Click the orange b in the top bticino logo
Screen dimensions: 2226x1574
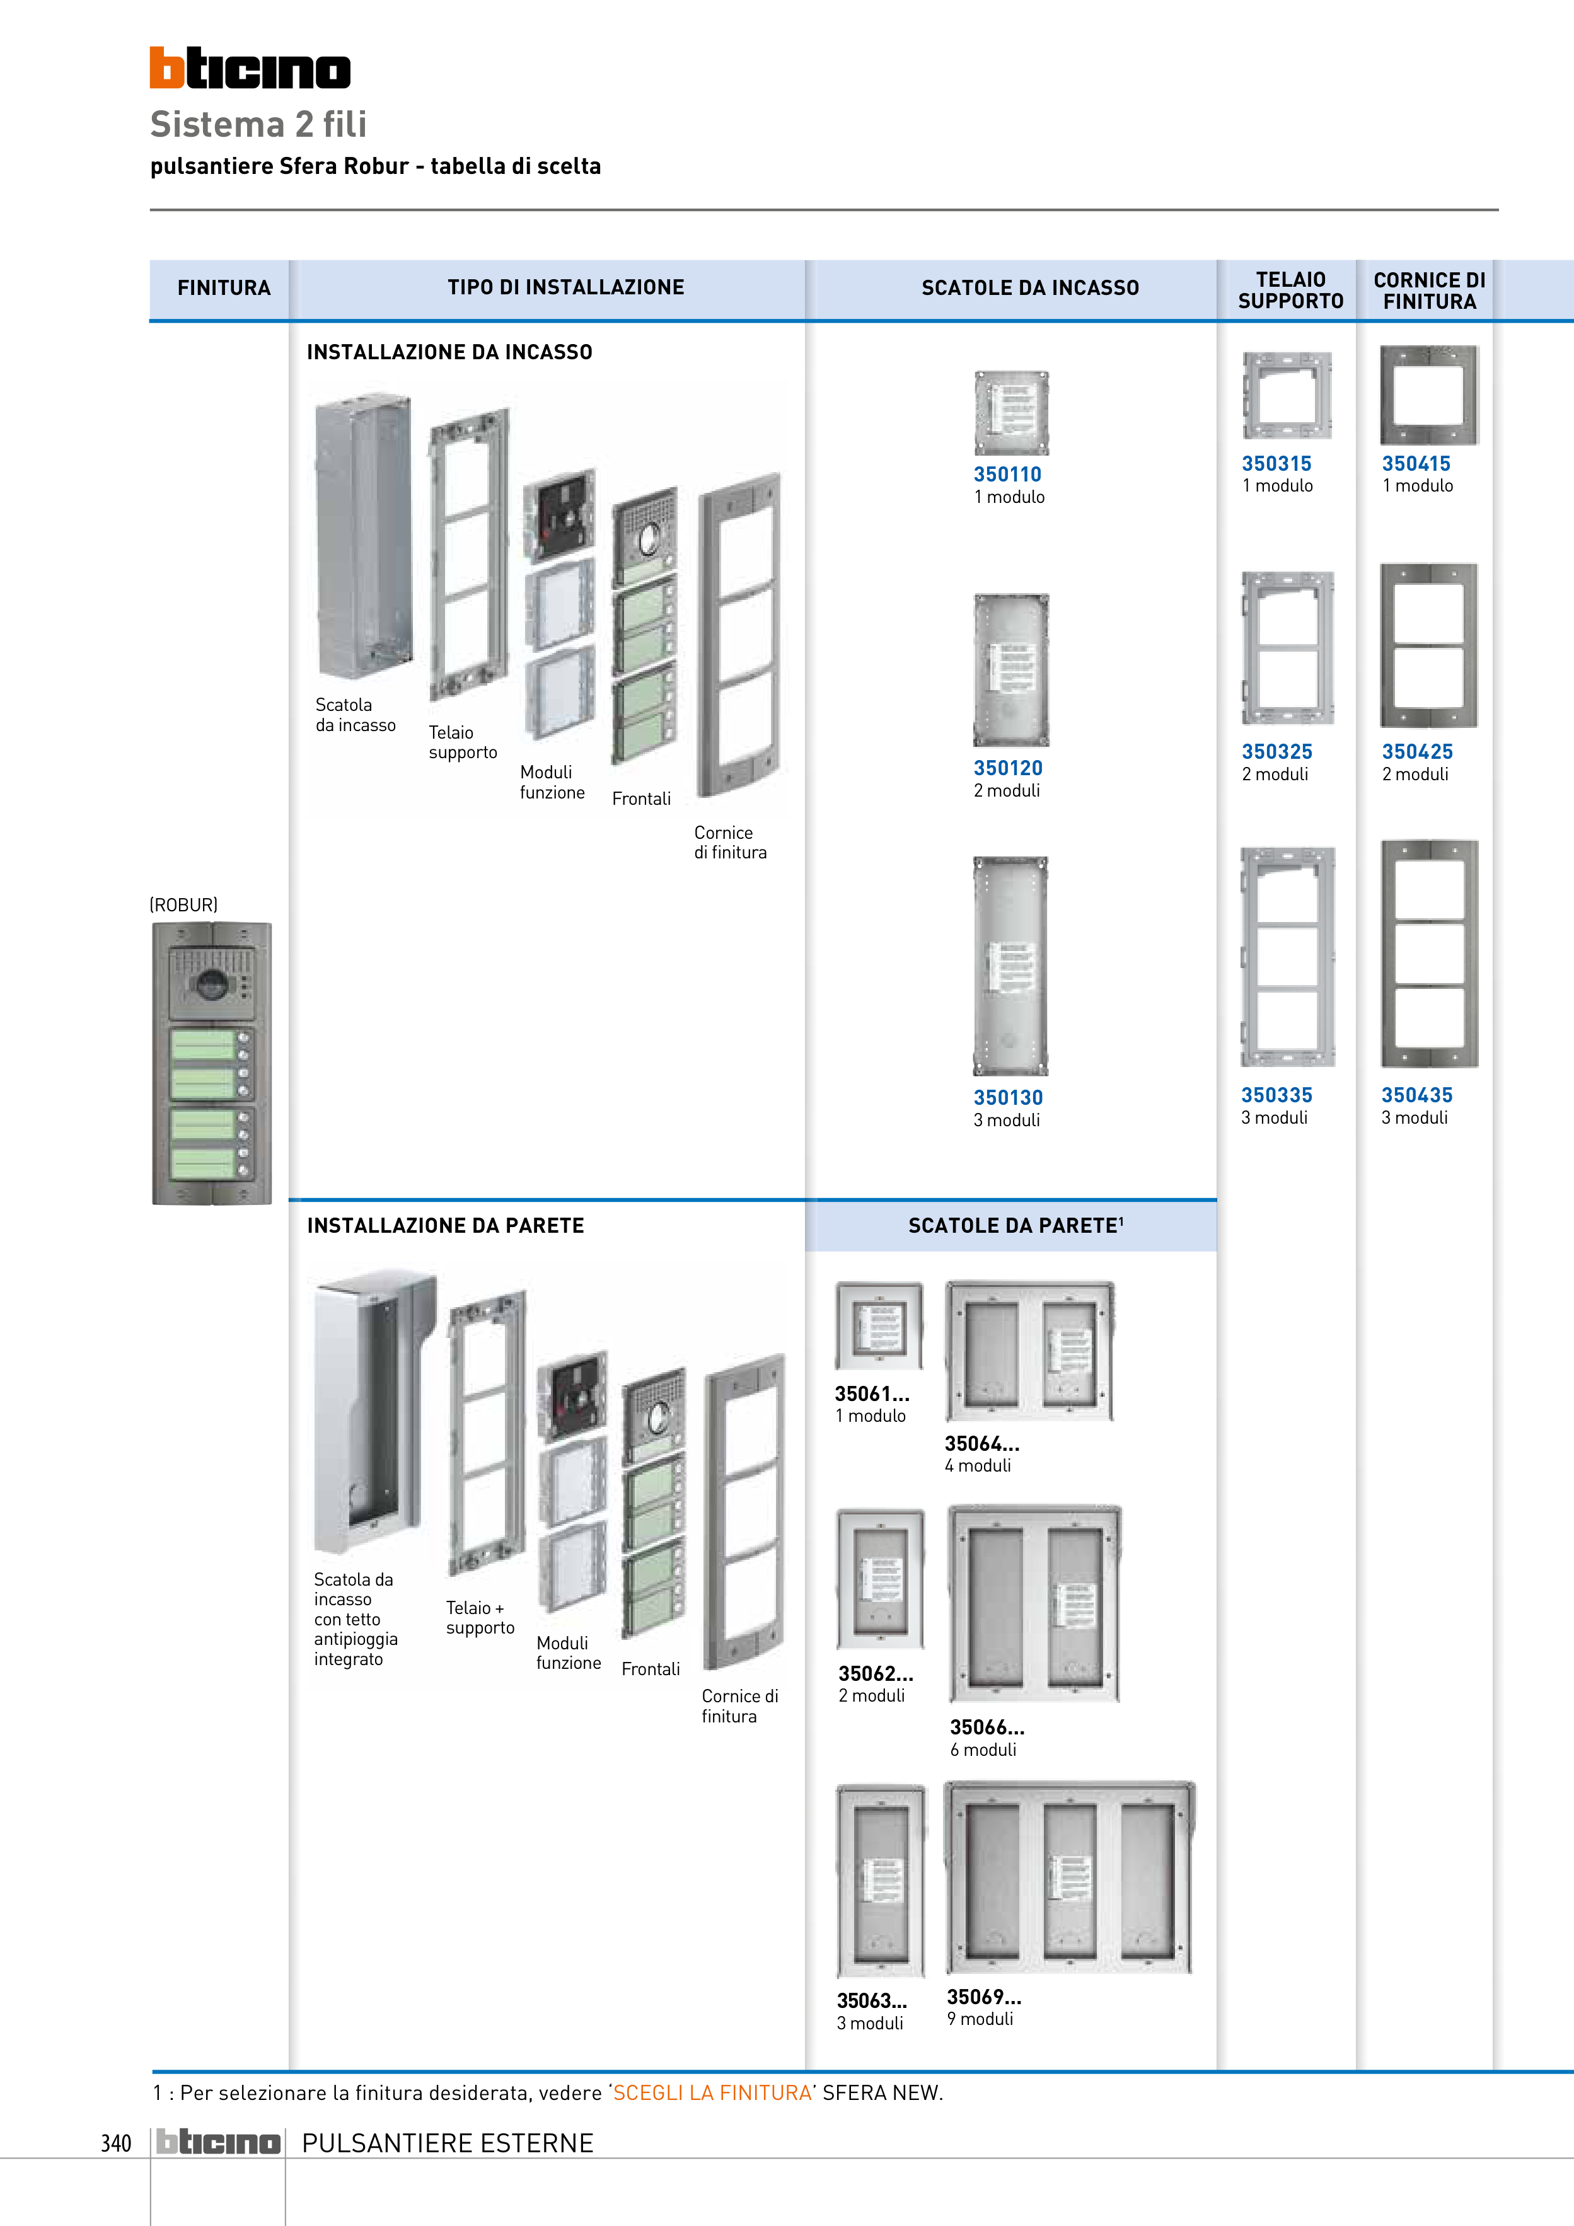167,68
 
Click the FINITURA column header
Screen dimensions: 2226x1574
223,288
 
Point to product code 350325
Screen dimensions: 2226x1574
1276,751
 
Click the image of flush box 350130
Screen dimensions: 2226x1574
1010,966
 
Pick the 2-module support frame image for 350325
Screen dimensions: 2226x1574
1287,648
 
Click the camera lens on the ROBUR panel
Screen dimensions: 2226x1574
211,985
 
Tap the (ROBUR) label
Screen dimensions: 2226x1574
183,904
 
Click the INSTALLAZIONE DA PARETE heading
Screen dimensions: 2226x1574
445,1225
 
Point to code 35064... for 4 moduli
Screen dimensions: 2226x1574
981,1444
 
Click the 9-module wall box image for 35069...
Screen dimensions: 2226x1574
1068,1878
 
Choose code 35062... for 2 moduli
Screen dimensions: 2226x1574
875,1673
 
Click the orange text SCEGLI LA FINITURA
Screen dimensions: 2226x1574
712,2092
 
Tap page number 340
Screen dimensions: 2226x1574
115,2143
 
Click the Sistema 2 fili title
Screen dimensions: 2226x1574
258,124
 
